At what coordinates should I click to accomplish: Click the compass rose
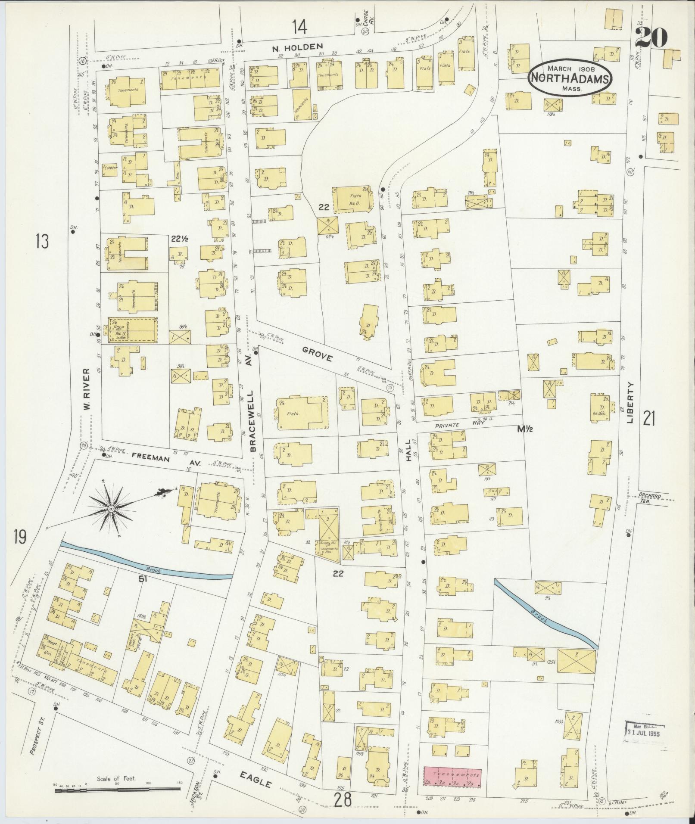[111, 509]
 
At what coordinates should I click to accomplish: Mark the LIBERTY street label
[631, 402]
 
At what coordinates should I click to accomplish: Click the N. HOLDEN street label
[297, 47]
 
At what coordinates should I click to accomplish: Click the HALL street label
[409, 454]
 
